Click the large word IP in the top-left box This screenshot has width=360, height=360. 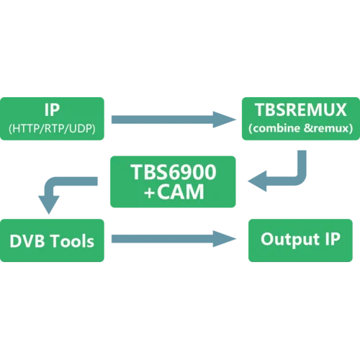pyautogui.click(x=53, y=110)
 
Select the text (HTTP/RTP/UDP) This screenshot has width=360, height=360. pyautogui.click(x=53, y=129)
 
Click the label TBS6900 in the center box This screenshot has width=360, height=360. pyautogui.click(x=173, y=174)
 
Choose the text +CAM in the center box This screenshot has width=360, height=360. pyautogui.click(x=173, y=192)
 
